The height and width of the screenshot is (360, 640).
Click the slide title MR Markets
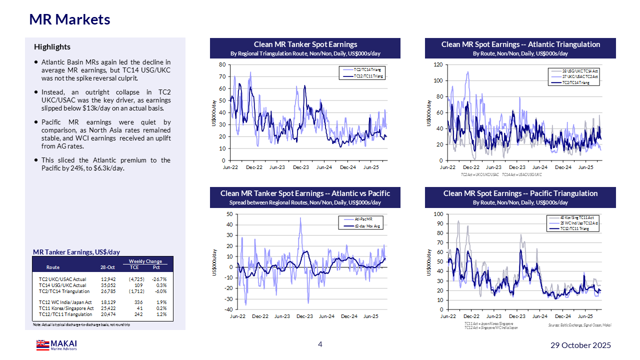[x=69, y=19]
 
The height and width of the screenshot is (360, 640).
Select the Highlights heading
[x=52, y=47]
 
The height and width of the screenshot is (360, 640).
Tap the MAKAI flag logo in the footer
[x=42, y=345]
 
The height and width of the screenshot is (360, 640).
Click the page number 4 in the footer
[x=320, y=344]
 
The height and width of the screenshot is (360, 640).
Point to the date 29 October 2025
[x=580, y=345]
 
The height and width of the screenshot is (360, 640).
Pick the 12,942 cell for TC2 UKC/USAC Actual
[x=107, y=279]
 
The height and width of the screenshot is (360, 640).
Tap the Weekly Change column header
[x=145, y=261]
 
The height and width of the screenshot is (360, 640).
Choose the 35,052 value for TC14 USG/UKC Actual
[x=107, y=285]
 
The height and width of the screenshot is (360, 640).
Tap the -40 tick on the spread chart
[x=227, y=309]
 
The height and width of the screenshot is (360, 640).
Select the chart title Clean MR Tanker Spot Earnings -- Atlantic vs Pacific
[x=305, y=193]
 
